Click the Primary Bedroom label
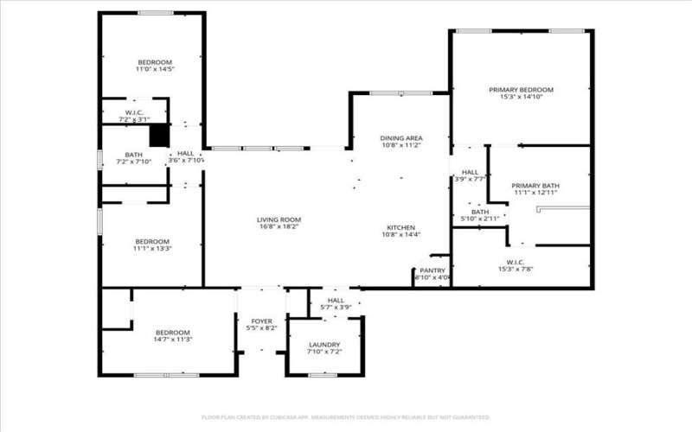tap(521, 90)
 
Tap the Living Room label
tap(279, 220)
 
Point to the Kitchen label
tap(401, 228)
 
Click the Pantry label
tap(432, 270)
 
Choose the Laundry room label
tap(325, 345)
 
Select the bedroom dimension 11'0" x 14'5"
tap(156, 70)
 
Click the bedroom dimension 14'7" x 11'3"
tap(173, 340)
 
